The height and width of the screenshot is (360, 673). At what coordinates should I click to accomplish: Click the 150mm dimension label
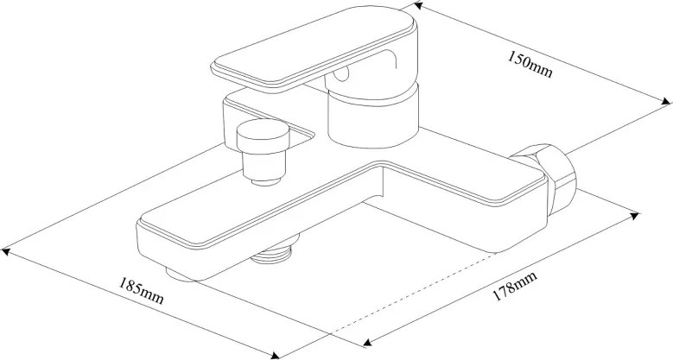tap(530, 65)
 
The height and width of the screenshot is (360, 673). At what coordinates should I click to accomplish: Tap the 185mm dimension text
tap(141, 291)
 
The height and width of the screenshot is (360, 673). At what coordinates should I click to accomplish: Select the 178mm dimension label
tap(515, 287)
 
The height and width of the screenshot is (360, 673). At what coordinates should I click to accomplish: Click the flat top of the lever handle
tap(314, 51)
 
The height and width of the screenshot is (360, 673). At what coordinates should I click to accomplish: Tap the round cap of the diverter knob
tap(263, 136)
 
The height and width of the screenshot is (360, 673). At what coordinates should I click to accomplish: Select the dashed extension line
tap(412, 294)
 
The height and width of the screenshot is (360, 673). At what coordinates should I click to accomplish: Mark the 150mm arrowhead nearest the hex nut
tap(665, 102)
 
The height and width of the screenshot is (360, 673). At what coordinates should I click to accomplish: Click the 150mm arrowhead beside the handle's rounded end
tap(418, 5)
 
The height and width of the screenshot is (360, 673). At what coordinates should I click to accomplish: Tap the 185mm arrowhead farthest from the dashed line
tap(5, 251)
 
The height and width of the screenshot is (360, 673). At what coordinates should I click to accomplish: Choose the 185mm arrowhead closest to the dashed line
tap(275, 355)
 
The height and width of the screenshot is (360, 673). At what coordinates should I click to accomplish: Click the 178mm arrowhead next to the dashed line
tap(367, 342)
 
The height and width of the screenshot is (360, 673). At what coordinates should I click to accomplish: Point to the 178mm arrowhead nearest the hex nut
tap(634, 216)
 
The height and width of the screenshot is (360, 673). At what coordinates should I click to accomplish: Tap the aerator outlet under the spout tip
tap(181, 275)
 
